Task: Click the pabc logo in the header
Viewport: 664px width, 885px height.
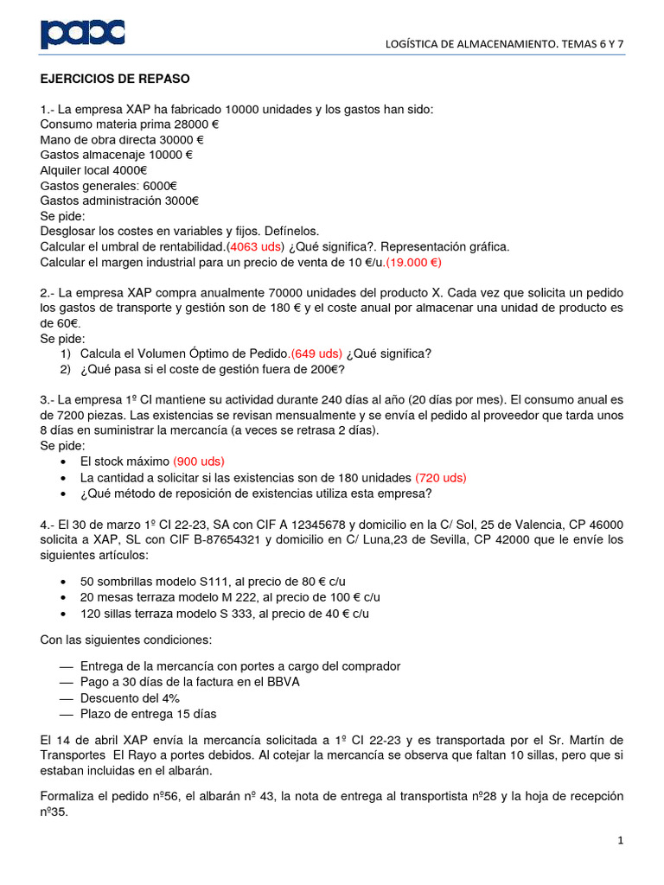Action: (x=83, y=34)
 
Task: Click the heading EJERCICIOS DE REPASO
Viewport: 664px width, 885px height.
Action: (x=115, y=79)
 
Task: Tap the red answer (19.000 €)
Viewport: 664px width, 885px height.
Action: (x=413, y=262)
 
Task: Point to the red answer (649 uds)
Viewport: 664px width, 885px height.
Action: (x=316, y=353)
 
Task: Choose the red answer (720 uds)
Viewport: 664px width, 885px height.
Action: (x=441, y=477)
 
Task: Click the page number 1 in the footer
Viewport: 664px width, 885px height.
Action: (x=621, y=840)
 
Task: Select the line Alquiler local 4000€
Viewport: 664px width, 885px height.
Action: (x=94, y=170)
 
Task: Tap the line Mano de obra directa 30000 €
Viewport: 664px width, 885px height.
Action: (x=122, y=139)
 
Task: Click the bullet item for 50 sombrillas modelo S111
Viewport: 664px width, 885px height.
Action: (x=213, y=581)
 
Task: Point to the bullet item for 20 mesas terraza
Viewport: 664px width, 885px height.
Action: (x=230, y=597)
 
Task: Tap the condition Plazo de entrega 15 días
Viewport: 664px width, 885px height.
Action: (x=148, y=714)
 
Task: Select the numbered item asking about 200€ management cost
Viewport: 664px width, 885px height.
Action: (x=213, y=370)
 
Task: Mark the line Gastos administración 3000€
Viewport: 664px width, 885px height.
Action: (x=119, y=201)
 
